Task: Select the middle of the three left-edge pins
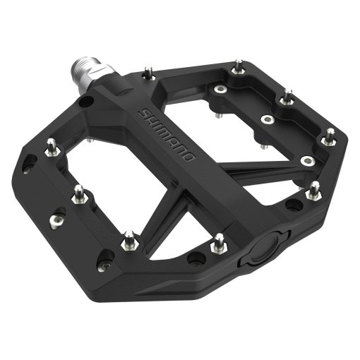click(x=80, y=192)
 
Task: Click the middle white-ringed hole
click(x=266, y=120)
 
